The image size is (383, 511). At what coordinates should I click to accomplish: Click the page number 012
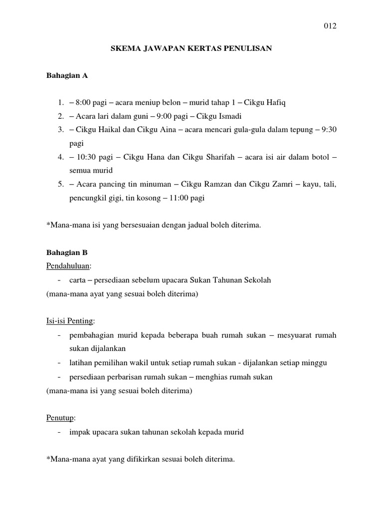point(330,26)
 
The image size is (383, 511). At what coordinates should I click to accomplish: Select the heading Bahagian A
point(67,76)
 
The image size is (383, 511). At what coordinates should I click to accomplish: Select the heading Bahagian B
point(67,253)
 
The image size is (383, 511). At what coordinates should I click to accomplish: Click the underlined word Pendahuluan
point(67,266)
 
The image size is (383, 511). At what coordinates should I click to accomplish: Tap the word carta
point(78,280)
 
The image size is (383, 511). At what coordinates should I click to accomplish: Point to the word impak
point(80,432)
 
